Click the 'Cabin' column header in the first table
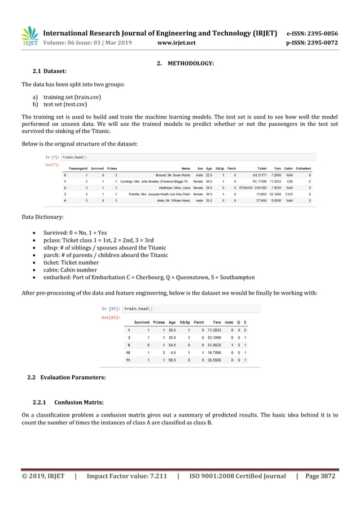(288, 168)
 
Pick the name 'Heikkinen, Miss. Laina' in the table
(175, 187)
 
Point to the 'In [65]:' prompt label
(111, 309)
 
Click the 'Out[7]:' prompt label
(52, 165)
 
